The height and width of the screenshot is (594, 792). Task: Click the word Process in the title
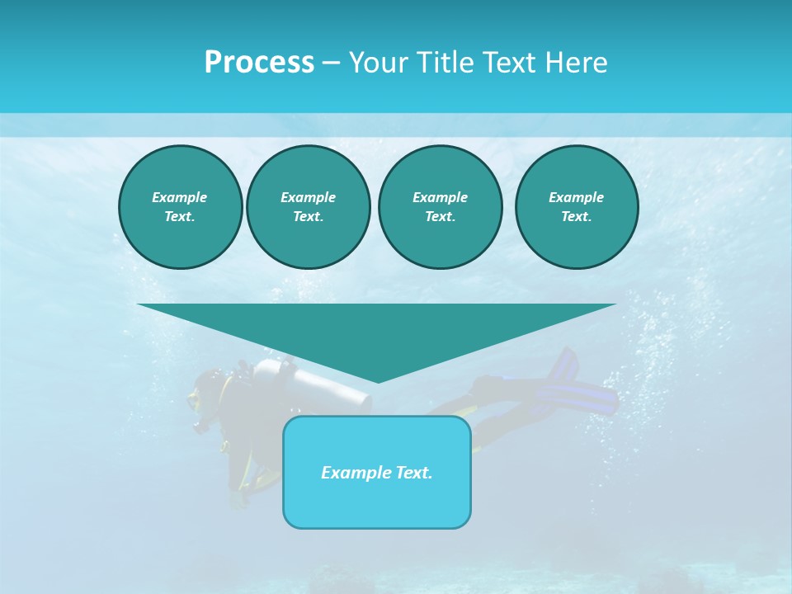point(259,63)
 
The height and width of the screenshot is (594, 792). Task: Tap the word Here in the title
point(576,63)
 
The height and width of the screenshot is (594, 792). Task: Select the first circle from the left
point(180,207)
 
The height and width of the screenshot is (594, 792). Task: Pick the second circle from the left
point(308,207)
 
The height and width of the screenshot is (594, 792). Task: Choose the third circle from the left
point(440,207)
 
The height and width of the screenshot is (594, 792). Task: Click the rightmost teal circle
point(576,207)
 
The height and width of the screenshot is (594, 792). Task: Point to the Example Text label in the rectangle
point(377,473)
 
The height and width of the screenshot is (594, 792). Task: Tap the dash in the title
point(331,63)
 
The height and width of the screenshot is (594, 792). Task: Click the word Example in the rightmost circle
point(576,197)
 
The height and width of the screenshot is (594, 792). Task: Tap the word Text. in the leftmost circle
point(180,217)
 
